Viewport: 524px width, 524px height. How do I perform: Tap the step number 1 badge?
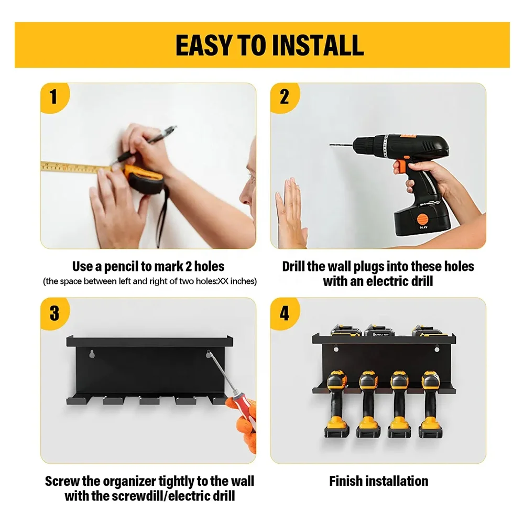[x=54, y=97]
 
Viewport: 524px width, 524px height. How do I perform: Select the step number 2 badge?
[x=285, y=97]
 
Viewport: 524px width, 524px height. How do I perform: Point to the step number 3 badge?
[x=54, y=313]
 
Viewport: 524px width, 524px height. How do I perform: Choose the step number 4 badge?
[x=285, y=313]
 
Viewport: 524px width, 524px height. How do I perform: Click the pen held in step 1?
[x=144, y=145]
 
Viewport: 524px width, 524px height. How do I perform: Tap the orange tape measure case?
[x=144, y=179]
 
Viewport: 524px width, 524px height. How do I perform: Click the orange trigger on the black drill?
[x=400, y=167]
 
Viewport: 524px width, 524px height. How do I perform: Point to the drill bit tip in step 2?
[x=331, y=145]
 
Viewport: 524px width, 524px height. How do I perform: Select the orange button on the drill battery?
[x=422, y=220]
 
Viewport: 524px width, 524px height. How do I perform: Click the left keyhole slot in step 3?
[x=92, y=354]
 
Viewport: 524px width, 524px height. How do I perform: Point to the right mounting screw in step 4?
[x=436, y=349]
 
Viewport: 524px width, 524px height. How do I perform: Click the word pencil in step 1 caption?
[x=121, y=267]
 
